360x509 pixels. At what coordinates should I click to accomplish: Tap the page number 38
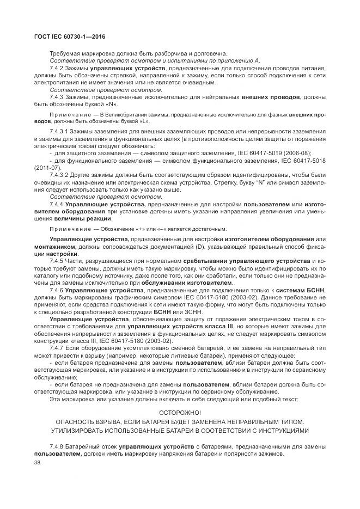(x=38, y=462)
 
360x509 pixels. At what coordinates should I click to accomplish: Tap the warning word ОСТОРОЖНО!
(x=179, y=413)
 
